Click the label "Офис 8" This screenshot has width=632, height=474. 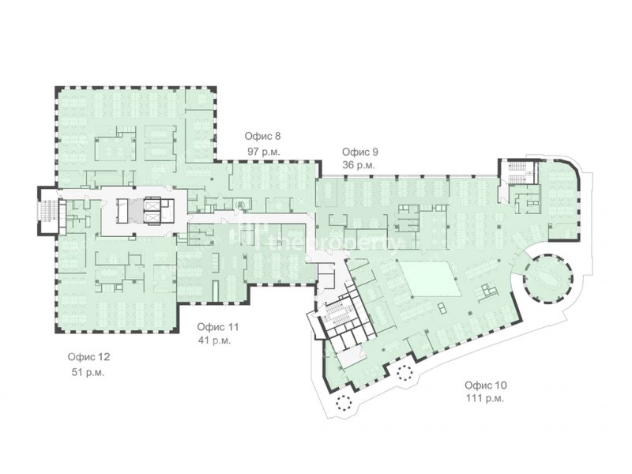pyautogui.click(x=262, y=136)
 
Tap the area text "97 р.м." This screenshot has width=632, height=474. pyautogui.click(x=264, y=152)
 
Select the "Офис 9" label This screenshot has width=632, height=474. pyautogui.click(x=360, y=152)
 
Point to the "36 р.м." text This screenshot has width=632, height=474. pyautogui.click(x=359, y=165)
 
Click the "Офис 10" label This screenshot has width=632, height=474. pyautogui.click(x=486, y=385)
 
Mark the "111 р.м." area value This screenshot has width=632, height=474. pyautogui.click(x=485, y=399)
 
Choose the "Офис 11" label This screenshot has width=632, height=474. pyautogui.click(x=218, y=326)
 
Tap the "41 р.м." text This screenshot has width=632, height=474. pyautogui.click(x=214, y=340)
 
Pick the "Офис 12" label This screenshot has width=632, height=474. pyautogui.click(x=88, y=357)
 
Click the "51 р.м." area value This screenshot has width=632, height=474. pyautogui.click(x=88, y=372)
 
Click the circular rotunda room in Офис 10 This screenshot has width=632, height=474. pyautogui.click(x=547, y=278)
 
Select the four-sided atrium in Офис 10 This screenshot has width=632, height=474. pyautogui.click(x=431, y=279)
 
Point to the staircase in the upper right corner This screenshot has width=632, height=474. pyautogui.click(x=516, y=172)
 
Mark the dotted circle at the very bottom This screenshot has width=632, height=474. pyautogui.click(x=344, y=402)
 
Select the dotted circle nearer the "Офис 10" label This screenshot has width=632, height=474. pyautogui.click(x=404, y=373)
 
